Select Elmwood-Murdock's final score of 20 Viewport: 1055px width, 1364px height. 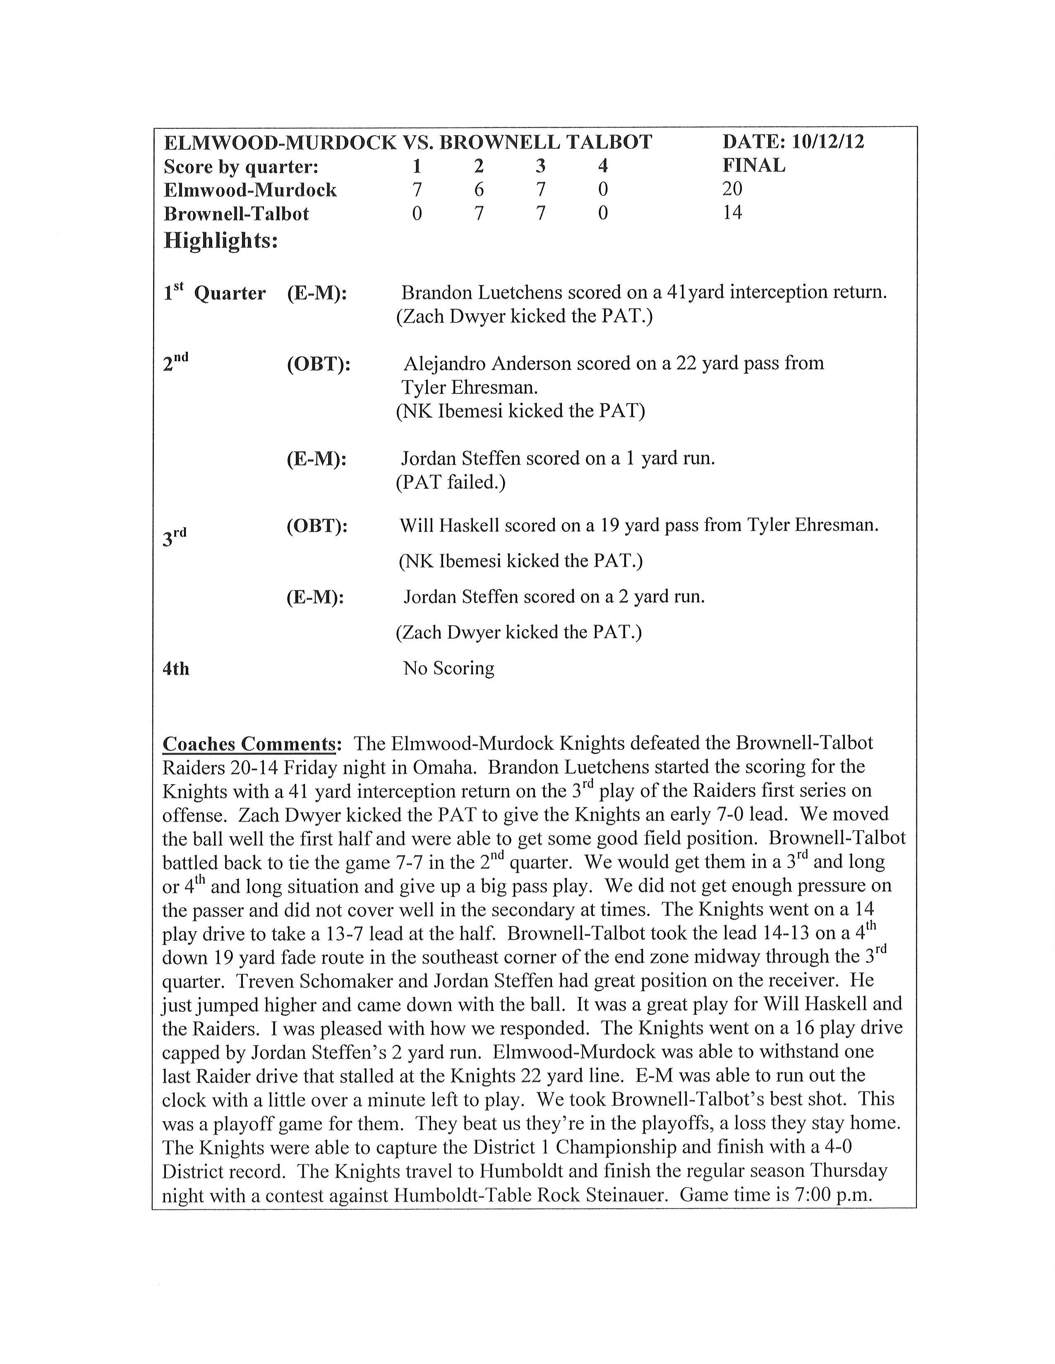pos(732,189)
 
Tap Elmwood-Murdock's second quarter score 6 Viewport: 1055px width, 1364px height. pos(479,189)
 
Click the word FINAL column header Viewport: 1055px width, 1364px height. pos(754,165)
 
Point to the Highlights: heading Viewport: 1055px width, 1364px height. pos(221,241)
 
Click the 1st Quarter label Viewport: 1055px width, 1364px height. pos(214,292)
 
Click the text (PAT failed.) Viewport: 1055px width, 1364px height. pos(451,482)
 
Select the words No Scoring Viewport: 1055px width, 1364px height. pos(449,668)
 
